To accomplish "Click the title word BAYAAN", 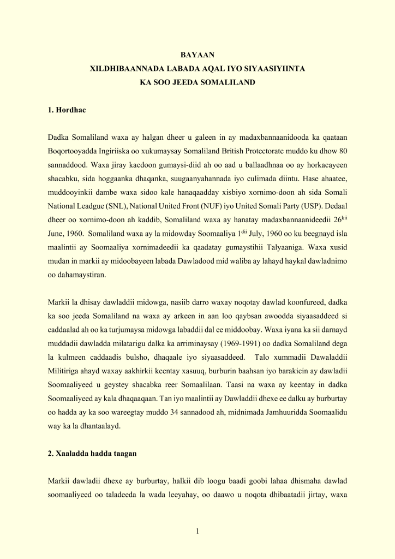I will point(197,55).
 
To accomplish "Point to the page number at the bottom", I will point(197,532).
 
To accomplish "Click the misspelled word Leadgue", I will point(94,207).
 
